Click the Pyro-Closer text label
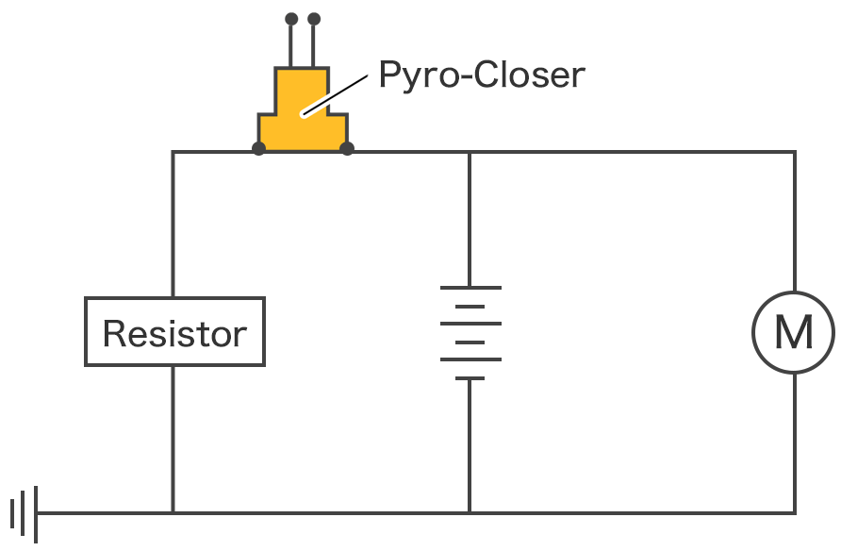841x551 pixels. coord(481,75)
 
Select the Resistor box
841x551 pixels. coord(174,332)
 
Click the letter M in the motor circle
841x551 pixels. coord(793,332)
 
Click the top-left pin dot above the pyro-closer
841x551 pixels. coord(291,18)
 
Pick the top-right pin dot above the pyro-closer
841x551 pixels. coord(314,18)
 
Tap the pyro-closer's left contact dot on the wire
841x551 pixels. coord(258,148)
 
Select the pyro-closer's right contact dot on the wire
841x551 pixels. coord(347,148)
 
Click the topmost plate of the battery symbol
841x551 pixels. coord(470,288)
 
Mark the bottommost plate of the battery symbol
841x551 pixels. coord(470,377)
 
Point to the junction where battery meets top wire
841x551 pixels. coord(470,151)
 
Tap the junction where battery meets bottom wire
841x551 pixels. coord(470,513)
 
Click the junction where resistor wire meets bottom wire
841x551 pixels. coord(173,513)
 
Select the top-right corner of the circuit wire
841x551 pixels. coord(794,151)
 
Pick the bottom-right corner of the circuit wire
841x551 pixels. coord(794,513)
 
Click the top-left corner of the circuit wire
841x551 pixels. coord(173,151)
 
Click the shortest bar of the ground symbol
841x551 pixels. coord(13,513)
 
